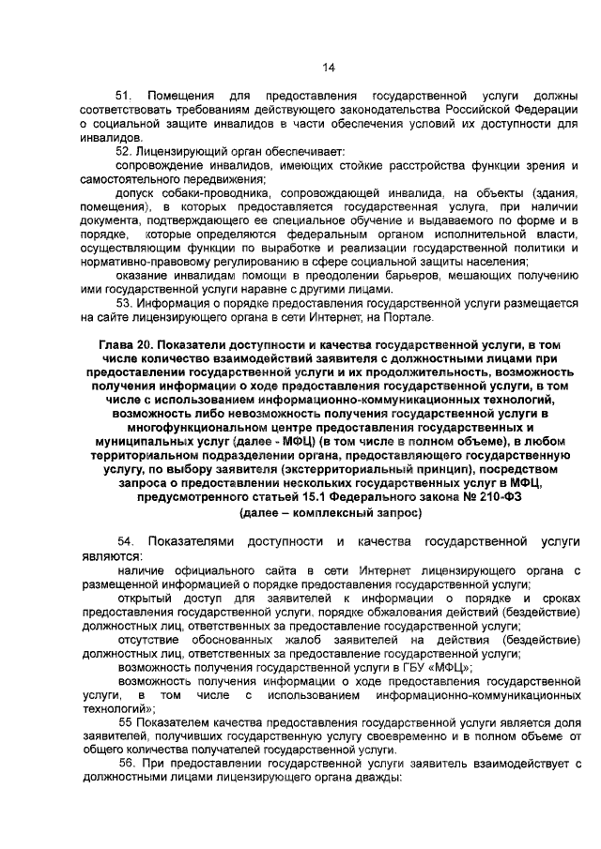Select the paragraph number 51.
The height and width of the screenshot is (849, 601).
(x=125, y=97)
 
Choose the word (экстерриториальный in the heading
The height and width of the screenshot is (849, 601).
(x=359, y=466)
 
